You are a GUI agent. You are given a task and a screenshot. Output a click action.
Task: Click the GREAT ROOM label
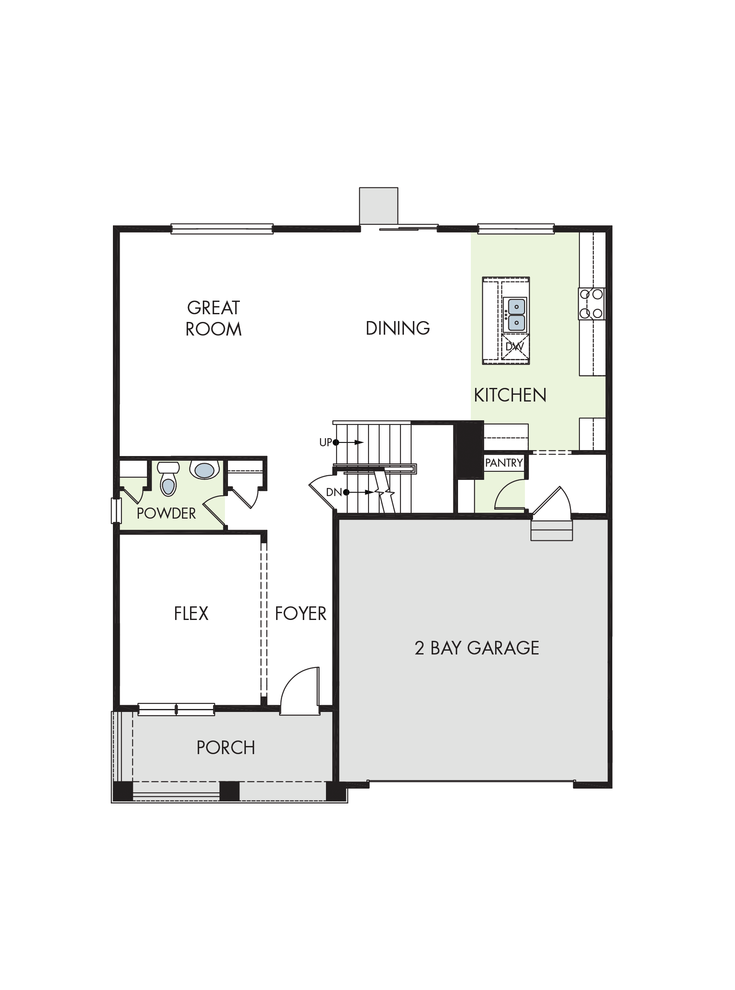213,319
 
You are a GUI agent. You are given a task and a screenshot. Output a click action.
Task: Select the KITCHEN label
510,395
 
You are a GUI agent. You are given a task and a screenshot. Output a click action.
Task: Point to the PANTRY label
504,463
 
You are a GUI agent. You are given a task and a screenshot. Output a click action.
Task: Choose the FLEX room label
191,614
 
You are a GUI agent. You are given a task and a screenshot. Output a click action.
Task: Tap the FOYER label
300,614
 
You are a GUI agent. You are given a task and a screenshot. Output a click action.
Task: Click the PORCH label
225,748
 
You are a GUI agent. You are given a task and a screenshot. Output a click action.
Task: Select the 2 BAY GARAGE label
476,648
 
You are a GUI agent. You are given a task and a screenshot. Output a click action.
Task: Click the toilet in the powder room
168,478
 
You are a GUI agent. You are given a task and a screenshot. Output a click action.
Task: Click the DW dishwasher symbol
515,347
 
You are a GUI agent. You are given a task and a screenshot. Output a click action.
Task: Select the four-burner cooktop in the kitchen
592,304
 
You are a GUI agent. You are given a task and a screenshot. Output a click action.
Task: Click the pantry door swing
510,494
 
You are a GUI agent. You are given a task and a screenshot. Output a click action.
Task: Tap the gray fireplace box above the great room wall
379,206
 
